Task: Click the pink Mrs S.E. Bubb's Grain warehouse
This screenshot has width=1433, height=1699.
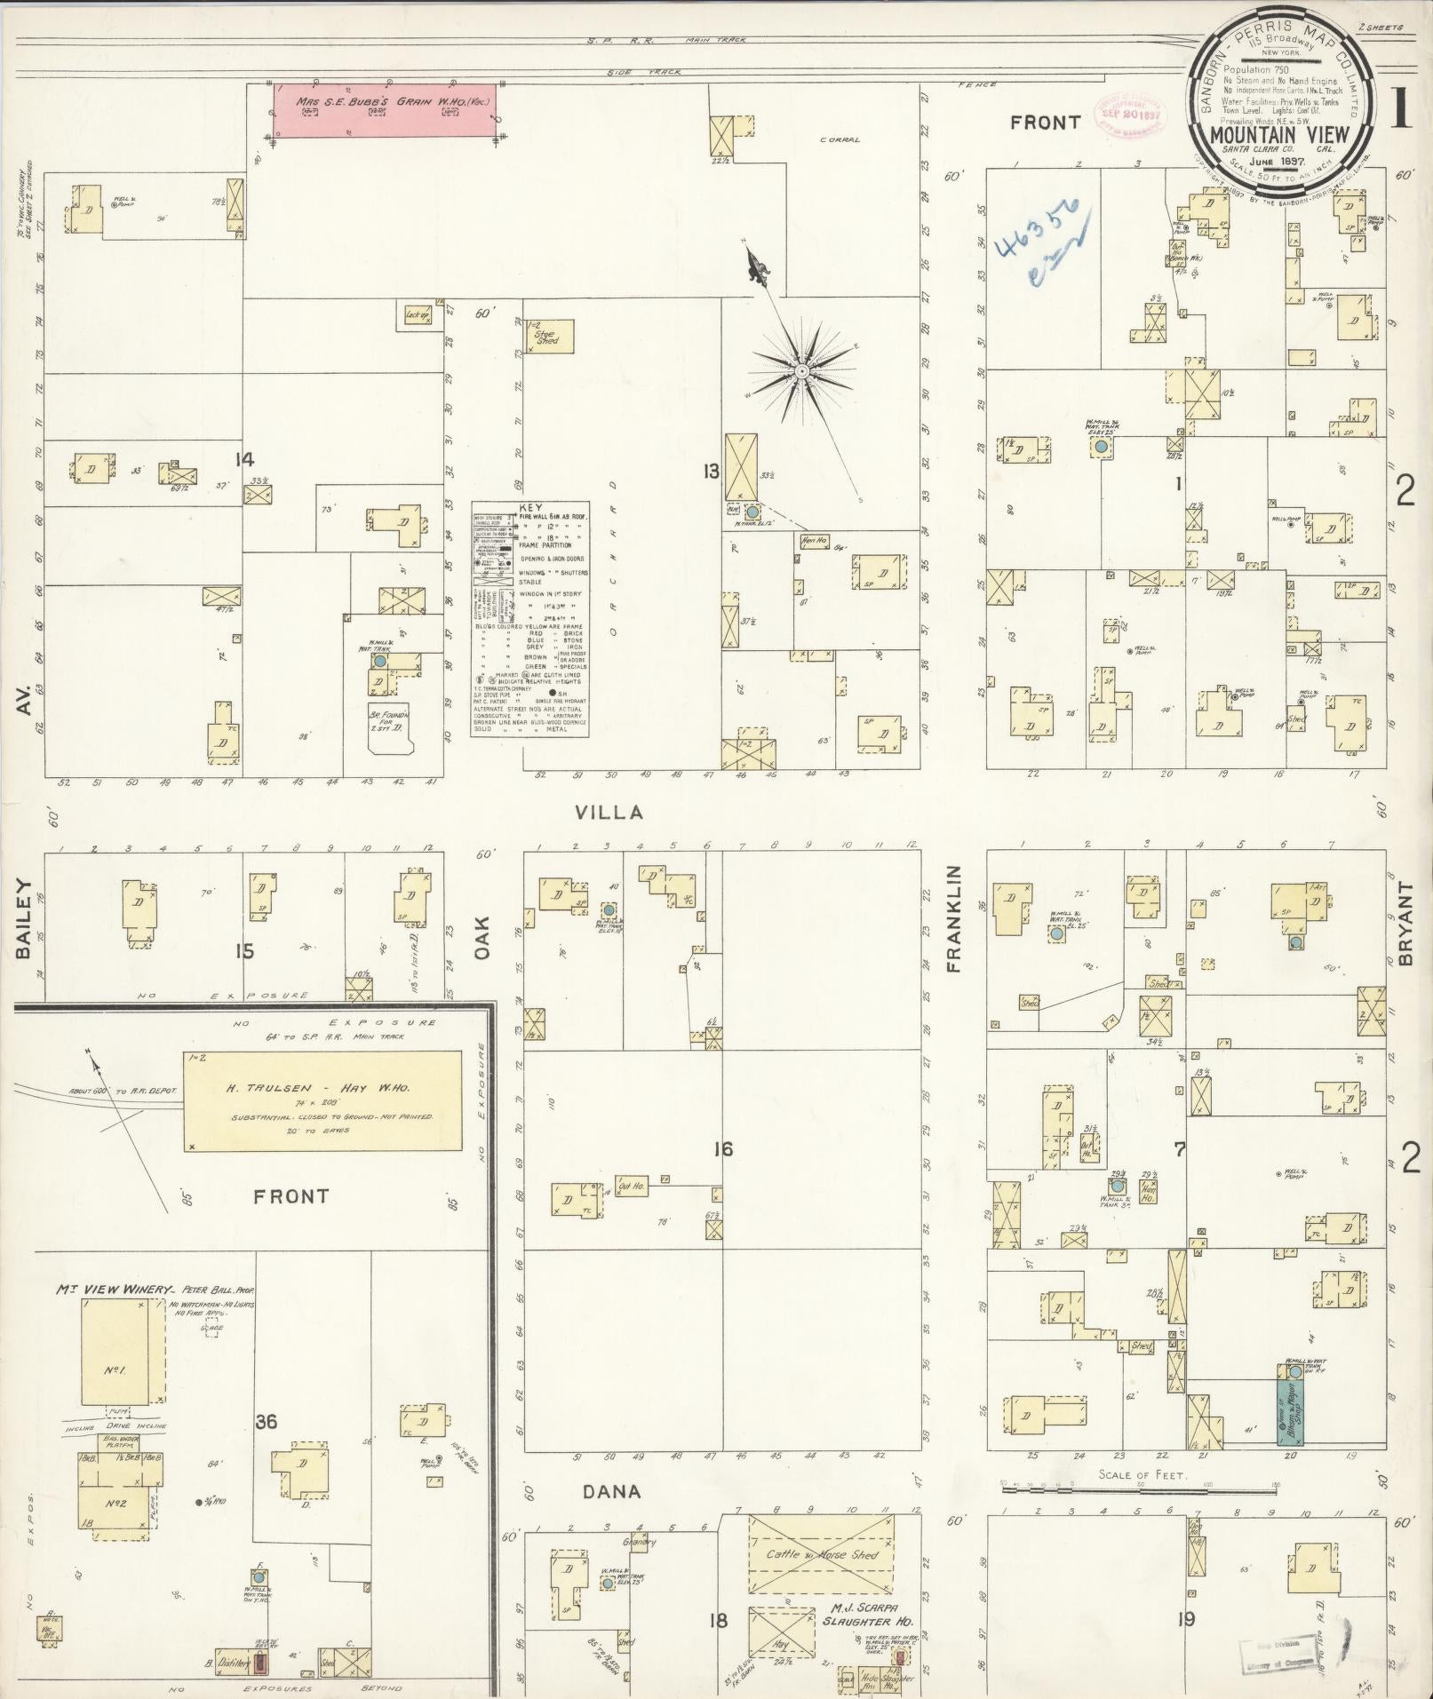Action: pyautogui.click(x=383, y=111)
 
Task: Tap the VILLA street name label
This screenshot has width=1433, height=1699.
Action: pyautogui.click(x=609, y=813)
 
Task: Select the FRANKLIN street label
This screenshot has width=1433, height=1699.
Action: pyautogui.click(x=955, y=919)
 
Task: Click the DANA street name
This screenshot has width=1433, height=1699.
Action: pyautogui.click(x=611, y=1490)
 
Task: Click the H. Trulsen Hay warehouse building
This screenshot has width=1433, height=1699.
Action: pyautogui.click(x=322, y=1100)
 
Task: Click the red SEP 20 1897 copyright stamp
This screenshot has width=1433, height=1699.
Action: pyautogui.click(x=1129, y=115)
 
